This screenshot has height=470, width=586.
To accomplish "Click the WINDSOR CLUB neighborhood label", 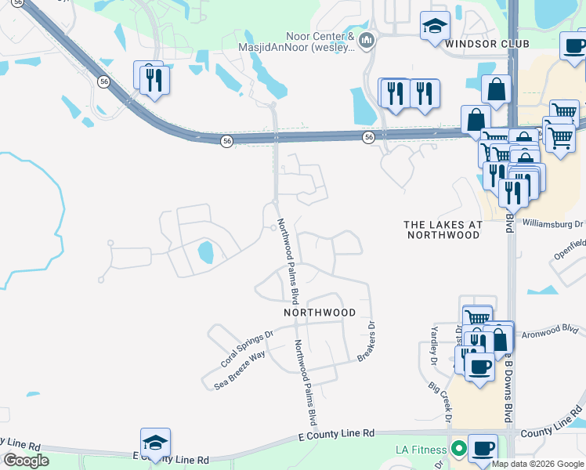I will pyautogui.click(x=487, y=44).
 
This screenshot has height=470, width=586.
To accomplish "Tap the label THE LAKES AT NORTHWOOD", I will pyautogui.click(x=443, y=230).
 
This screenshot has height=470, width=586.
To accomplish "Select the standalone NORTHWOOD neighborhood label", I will pyautogui.click(x=320, y=312).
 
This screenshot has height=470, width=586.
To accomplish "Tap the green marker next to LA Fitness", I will pyautogui.click(x=458, y=449).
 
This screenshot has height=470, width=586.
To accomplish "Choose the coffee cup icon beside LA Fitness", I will pyautogui.click(x=483, y=449).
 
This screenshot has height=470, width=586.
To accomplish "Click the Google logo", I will pyautogui.click(x=26, y=460).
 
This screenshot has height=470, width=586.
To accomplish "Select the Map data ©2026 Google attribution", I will pyautogui.click(x=537, y=464).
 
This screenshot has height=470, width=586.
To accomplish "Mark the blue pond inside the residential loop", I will pyautogui.click(x=204, y=252).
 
